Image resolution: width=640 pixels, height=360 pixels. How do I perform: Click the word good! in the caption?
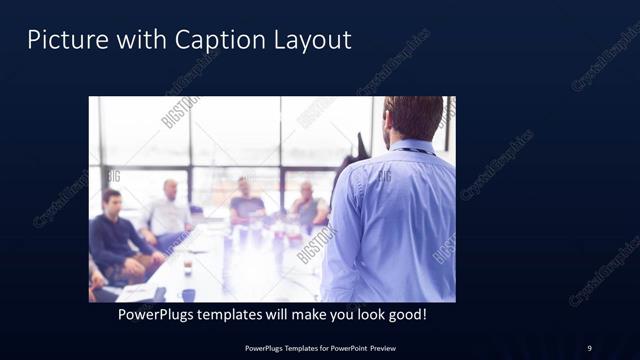click(406, 315)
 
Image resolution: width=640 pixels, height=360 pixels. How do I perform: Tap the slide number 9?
click(589, 348)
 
